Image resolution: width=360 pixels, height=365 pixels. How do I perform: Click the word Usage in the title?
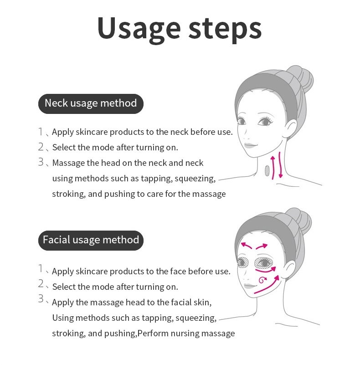pyautogui.click(x=139, y=29)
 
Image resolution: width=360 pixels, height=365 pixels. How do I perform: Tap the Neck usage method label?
pyautogui.click(x=91, y=103)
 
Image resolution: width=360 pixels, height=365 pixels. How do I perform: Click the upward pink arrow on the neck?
pyautogui.click(x=273, y=168)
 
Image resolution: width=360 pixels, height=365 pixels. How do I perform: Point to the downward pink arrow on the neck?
pyautogui.click(x=280, y=165)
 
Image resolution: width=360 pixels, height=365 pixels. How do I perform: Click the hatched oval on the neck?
pyautogui.click(x=267, y=170)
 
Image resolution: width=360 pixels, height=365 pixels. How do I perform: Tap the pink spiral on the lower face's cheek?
pyautogui.click(x=262, y=280)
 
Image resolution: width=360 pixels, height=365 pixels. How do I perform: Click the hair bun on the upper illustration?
pyautogui.click(x=300, y=78)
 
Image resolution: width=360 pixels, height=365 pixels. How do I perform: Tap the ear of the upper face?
pyautogui.click(x=291, y=129)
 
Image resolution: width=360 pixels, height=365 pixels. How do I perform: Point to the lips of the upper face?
pyautogui.click(x=250, y=145)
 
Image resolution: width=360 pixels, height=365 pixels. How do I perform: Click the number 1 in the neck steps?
pyautogui.click(x=41, y=132)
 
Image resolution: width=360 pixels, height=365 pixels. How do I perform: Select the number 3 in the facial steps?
pyautogui.click(x=41, y=298)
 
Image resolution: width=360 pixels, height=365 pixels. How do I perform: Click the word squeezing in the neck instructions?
pyautogui.click(x=195, y=179)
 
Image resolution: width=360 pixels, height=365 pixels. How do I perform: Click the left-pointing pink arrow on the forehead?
pyautogui.click(x=247, y=245)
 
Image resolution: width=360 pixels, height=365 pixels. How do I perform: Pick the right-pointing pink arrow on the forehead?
pyautogui.click(x=262, y=246)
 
